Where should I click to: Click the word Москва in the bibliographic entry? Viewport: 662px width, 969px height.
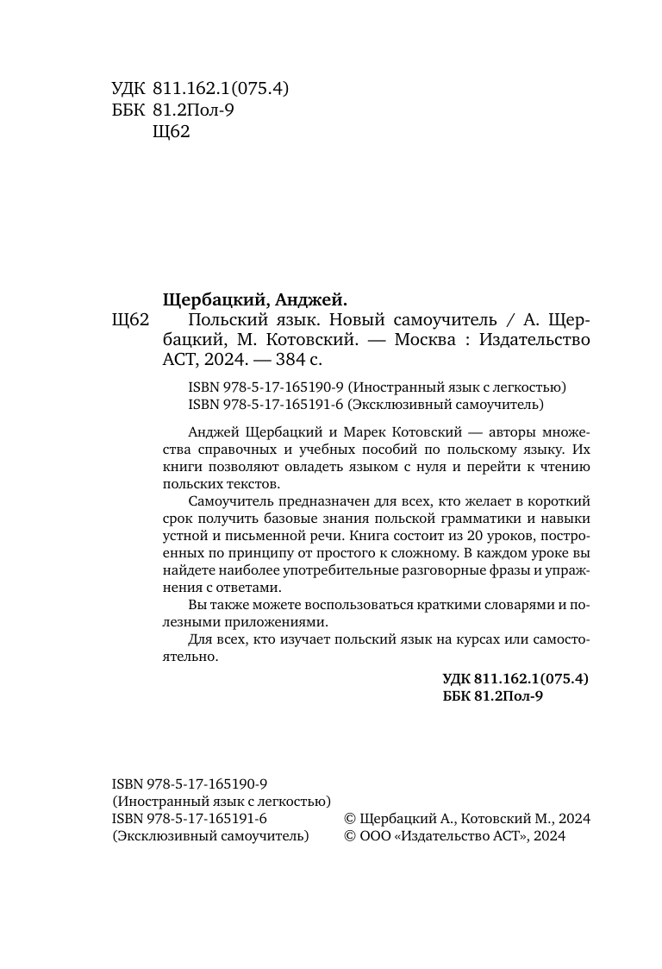[424, 340]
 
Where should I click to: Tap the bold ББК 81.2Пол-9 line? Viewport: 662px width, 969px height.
[492, 696]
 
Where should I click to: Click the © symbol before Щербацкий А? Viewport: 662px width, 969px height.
[349, 819]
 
